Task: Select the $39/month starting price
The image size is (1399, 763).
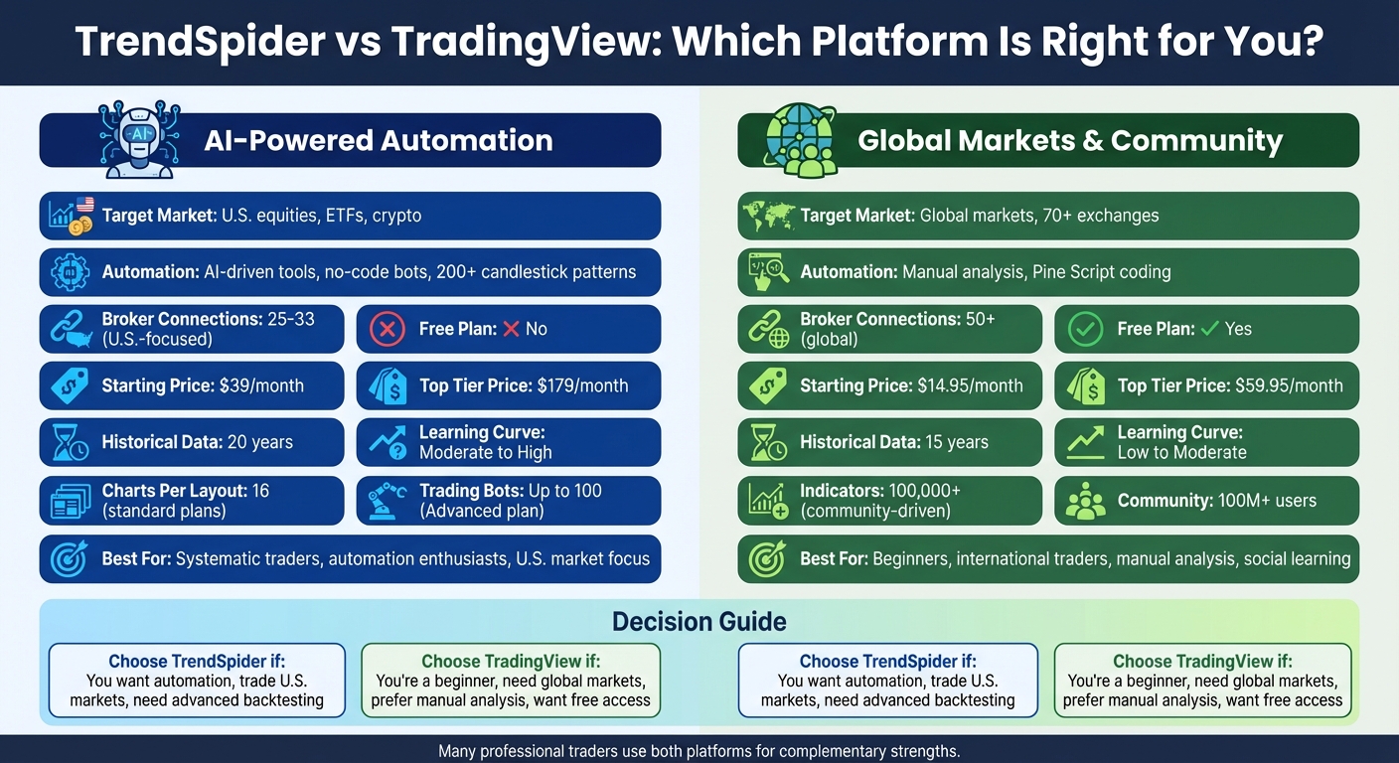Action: pos(261,385)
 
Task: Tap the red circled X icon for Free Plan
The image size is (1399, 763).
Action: pos(387,329)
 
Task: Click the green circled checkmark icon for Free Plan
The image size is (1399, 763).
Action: pos(1085,329)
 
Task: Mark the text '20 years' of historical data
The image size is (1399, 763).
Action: pos(260,442)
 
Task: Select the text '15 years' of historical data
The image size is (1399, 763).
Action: pos(956,442)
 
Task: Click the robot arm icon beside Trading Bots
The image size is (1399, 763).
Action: pos(387,501)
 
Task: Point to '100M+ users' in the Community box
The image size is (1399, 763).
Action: pos(1267,500)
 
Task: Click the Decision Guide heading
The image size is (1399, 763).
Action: pos(699,622)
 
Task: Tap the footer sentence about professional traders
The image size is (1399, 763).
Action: pos(699,751)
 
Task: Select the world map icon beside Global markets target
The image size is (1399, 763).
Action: pos(766,216)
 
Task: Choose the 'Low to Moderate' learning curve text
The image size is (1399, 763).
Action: pos(1181,452)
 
